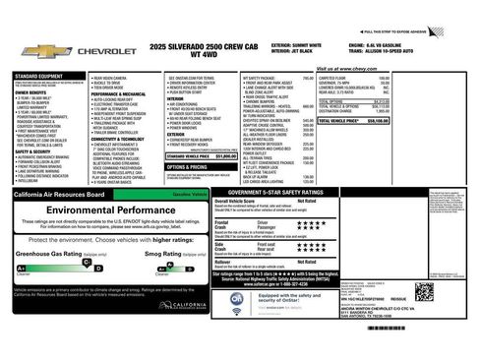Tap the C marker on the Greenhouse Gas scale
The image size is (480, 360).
21,267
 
